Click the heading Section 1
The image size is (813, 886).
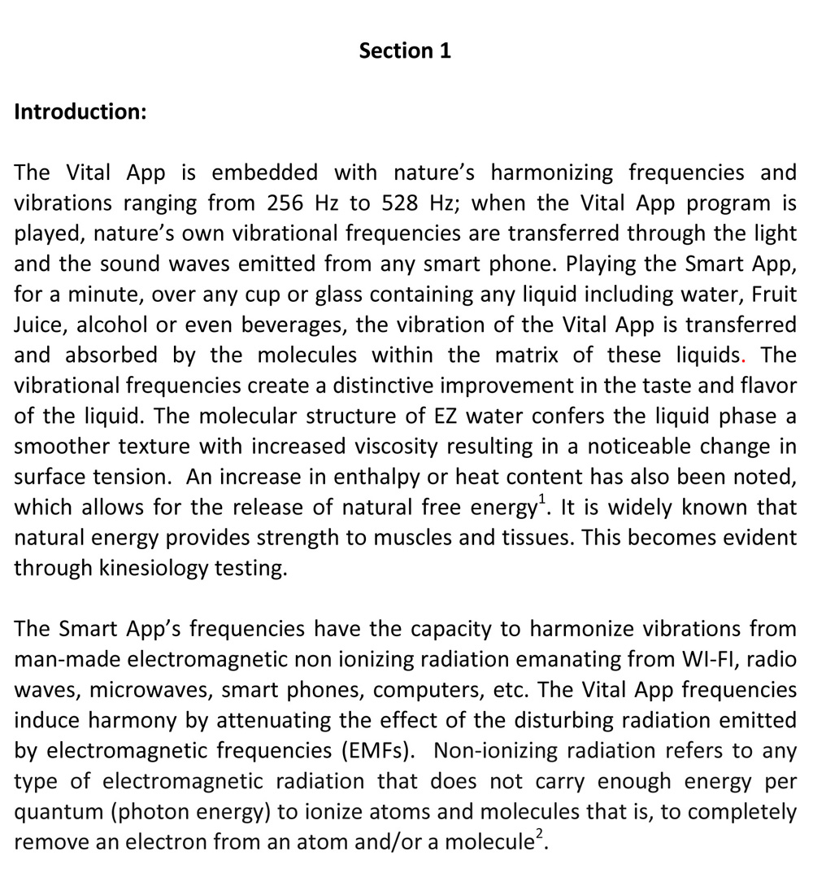[405, 50]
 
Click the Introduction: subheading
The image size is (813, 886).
[80, 111]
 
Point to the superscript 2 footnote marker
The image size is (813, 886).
[538, 836]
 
